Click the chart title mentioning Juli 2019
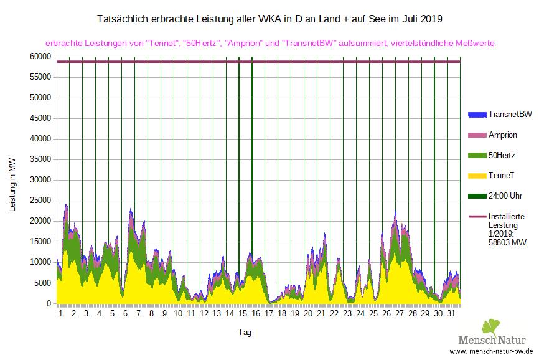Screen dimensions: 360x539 (270, 19)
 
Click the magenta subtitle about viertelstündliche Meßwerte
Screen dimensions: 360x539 (270, 44)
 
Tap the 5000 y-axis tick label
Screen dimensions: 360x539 (42, 283)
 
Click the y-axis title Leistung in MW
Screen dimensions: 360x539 (13, 185)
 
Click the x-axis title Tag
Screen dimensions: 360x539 (245, 333)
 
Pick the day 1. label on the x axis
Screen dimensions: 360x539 (61, 314)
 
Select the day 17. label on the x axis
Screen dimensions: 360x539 (269, 314)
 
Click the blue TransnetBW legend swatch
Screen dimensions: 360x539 (476, 115)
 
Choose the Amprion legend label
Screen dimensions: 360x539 (503, 135)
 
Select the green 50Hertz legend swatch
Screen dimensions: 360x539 (476, 156)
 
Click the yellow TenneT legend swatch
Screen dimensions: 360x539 (476, 176)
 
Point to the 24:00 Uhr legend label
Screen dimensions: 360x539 (505, 196)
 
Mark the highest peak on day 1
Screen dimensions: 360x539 (66, 204)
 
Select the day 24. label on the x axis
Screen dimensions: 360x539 (360, 314)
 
